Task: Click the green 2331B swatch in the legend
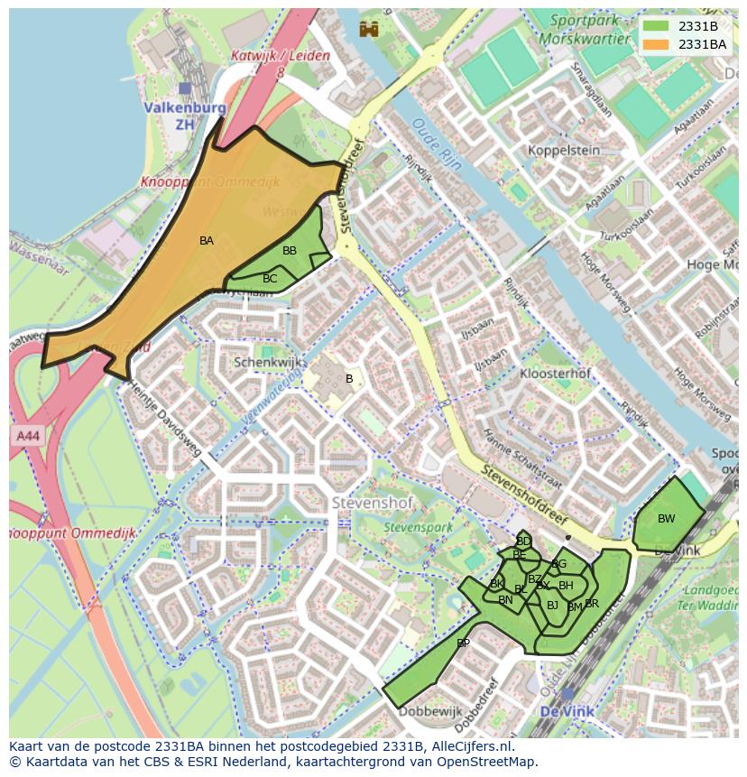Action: pyautogui.click(x=657, y=27)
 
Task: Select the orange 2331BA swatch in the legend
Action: pyautogui.click(x=657, y=44)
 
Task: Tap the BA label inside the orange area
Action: pyautogui.click(x=207, y=241)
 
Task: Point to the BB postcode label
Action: pyautogui.click(x=290, y=251)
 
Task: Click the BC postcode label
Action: pyautogui.click(x=270, y=279)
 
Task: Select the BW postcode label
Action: pyautogui.click(x=666, y=519)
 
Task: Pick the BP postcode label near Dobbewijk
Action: pyautogui.click(x=463, y=643)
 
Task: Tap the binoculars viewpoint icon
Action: pyautogui.click(x=368, y=29)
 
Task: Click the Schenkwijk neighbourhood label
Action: pyautogui.click(x=264, y=362)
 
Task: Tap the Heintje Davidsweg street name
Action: pyautogui.click(x=165, y=416)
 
